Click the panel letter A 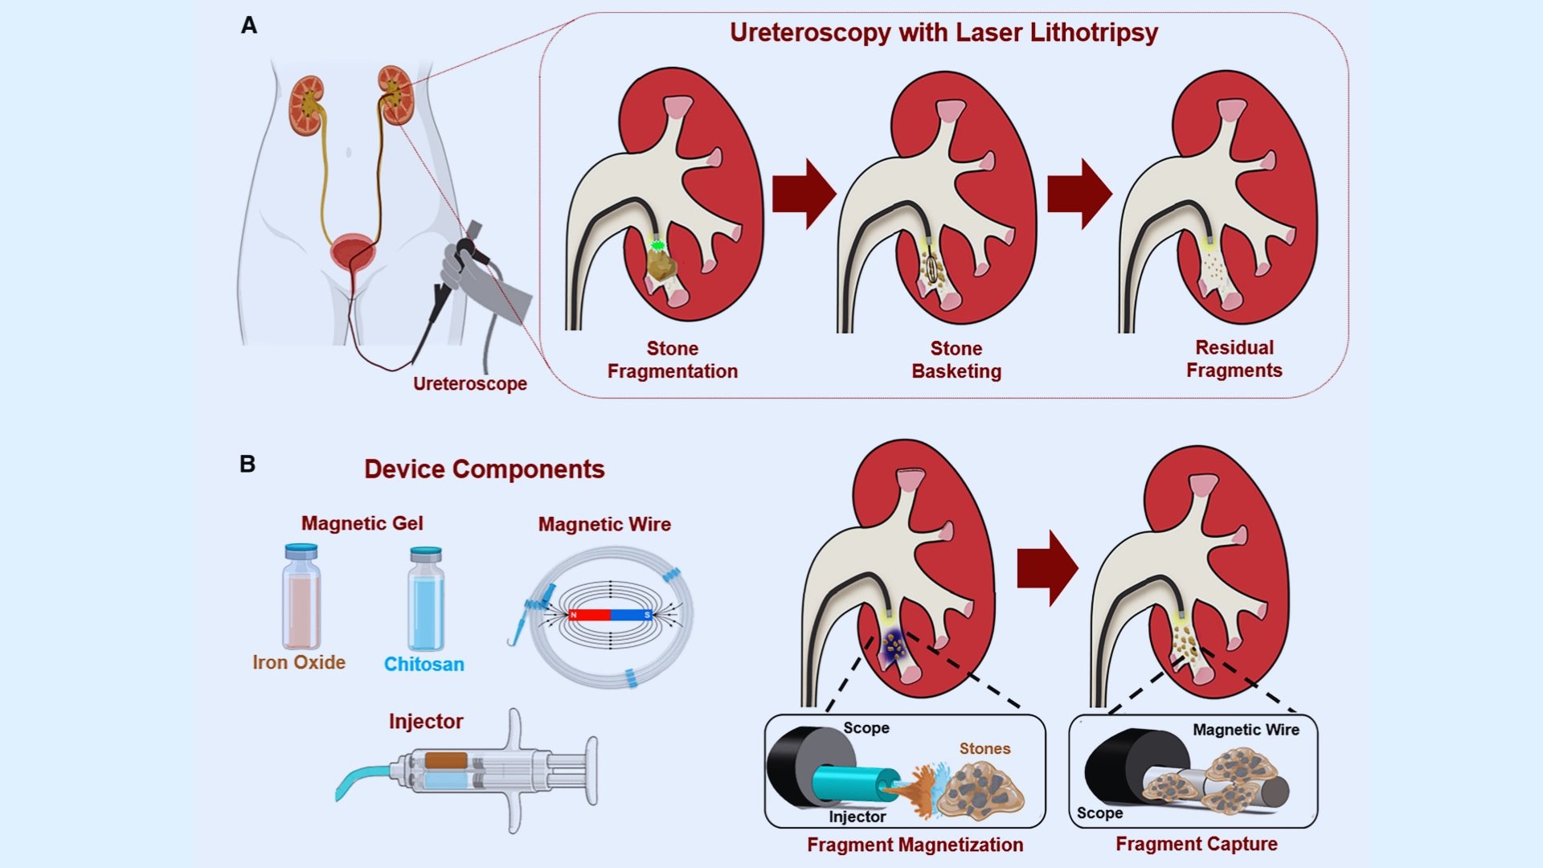pyautogui.click(x=249, y=26)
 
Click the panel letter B pyautogui.click(x=248, y=464)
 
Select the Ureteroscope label pyautogui.click(x=469, y=383)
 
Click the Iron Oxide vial pyautogui.click(x=301, y=599)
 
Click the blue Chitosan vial pyautogui.click(x=425, y=601)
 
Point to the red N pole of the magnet pyautogui.click(x=590, y=615)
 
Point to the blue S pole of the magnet pyautogui.click(x=632, y=615)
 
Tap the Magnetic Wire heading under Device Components pyautogui.click(x=604, y=524)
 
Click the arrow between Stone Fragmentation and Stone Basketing pyautogui.click(x=804, y=194)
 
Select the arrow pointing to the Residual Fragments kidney pyautogui.click(x=1079, y=194)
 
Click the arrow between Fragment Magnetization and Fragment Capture pyautogui.click(x=1047, y=567)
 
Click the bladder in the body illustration pyautogui.click(x=353, y=252)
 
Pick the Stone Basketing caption pyautogui.click(x=956, y=360)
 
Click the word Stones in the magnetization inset pyautogui.click(x=984, y=748)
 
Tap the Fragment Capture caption pyautogui.click(x=1196, y=844)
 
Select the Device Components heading pyautogui.click(x=484, y=469)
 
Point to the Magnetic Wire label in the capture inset pyautogui.click(x=1246, y=730)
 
